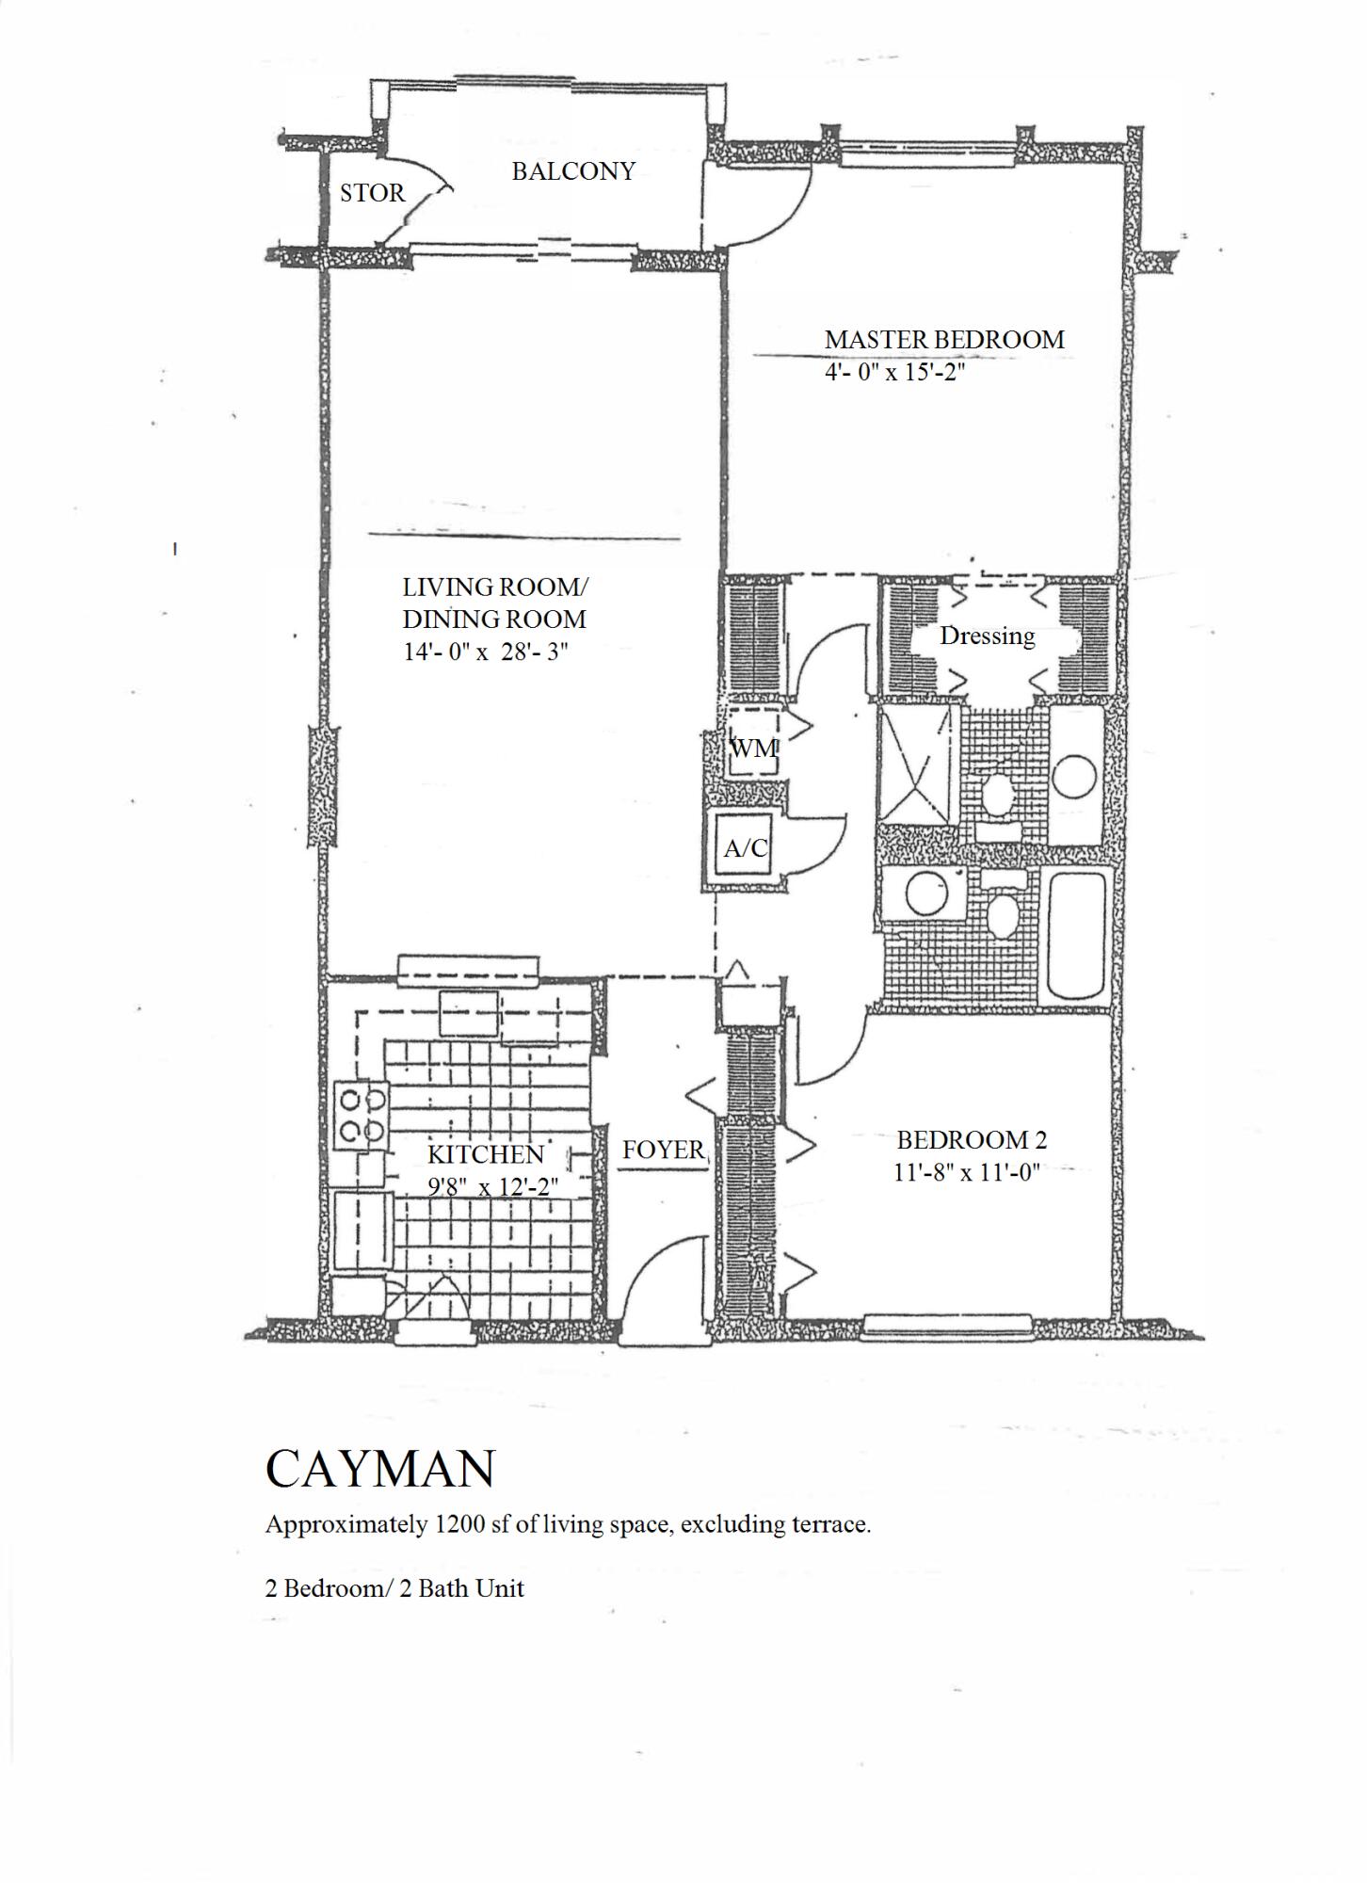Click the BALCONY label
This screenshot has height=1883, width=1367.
573,171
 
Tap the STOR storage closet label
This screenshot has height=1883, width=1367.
372,193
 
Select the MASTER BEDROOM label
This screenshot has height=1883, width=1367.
944,339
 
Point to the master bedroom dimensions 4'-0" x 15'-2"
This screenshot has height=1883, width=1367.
894,372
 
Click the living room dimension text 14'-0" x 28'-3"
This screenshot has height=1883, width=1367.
486,652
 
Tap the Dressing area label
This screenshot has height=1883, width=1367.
987,636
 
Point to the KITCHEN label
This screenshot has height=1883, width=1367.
486,1154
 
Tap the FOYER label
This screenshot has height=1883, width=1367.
663,1150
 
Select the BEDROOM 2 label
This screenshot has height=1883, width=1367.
972,1140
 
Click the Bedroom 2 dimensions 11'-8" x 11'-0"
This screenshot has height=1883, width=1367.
966,1173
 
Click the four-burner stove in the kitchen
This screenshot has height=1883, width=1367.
363,1115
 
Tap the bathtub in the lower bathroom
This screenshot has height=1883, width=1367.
1075,936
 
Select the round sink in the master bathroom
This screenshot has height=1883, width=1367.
1074,778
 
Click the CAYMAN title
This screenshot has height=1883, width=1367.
380,1468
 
